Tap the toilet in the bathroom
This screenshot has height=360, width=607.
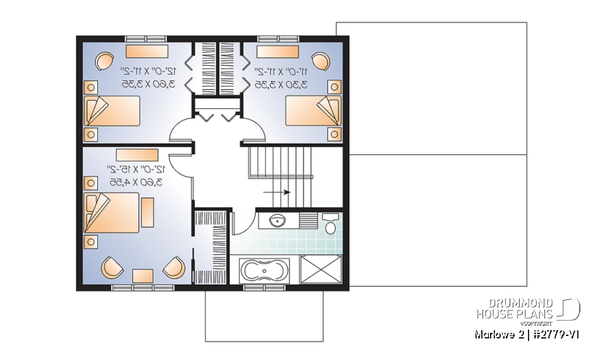(x=330, y=225)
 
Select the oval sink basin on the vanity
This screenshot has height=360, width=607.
(x=277, y=221)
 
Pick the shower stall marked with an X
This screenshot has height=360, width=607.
(x=321, y=270)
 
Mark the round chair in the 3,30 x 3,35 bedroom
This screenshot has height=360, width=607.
(x=321, y=61)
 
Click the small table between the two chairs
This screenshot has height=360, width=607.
(x=143, y=275)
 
